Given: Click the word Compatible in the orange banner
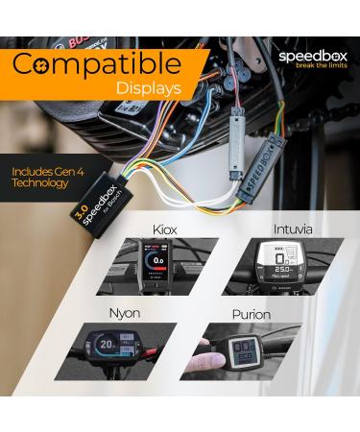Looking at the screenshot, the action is [96, 65].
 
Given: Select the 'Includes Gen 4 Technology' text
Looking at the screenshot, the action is [51, 178].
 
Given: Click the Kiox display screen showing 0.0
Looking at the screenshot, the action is [155, 264].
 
